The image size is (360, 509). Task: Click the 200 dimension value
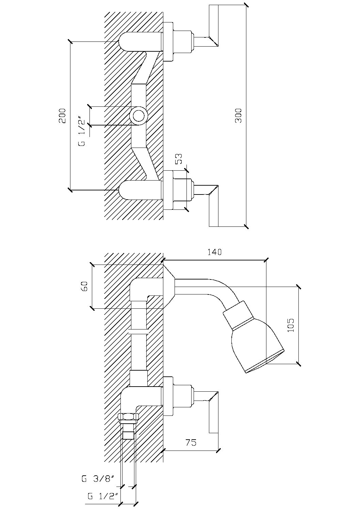tap(62, 116)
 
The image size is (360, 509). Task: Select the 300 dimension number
tap(238, 116)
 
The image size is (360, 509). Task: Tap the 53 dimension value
tap(179, 159)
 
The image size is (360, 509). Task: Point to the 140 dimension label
tap(214, 252)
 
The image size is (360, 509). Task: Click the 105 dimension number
tap(291, 325)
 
